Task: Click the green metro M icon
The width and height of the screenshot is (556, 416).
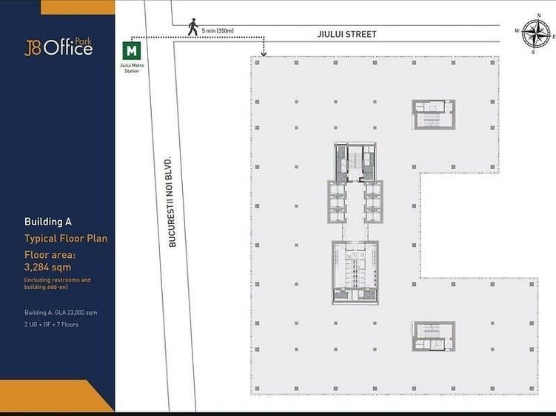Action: [132, 51]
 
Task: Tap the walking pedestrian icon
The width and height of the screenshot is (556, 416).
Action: [193, 27]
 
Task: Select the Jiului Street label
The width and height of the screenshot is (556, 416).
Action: [346, 34]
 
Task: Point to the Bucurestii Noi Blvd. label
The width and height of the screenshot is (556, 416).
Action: [172, 202]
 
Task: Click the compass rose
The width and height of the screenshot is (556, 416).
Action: [535, 34]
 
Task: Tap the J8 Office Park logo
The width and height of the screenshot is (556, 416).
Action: [58, 47]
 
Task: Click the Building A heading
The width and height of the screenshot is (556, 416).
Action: [48, 222]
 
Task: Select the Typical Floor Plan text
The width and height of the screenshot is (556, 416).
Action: [66, 238]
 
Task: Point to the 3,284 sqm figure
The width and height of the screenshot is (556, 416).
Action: [47, 267]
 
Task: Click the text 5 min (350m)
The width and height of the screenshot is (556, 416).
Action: [218, 31]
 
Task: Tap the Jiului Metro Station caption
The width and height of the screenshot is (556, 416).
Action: [132, 68]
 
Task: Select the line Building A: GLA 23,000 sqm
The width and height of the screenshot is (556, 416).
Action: [61, 313]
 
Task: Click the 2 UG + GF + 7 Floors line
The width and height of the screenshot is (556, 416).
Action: [51, 324]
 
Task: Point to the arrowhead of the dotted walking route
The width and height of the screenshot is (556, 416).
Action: [264, 54]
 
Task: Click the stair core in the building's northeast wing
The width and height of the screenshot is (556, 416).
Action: [433, 115]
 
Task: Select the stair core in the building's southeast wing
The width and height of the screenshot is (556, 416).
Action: [433, 336]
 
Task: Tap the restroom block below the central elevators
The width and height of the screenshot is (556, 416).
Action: [355, 273]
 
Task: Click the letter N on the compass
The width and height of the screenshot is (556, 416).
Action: [539, 16]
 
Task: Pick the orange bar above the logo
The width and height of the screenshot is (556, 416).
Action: [78, 7]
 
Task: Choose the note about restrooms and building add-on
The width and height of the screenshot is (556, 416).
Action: [58, 283]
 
